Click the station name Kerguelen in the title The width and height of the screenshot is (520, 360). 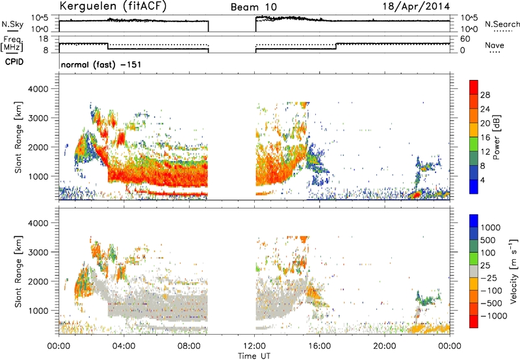coord(88,6)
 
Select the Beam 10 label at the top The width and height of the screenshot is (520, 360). coord(253,7)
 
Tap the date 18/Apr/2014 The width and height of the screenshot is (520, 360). coord(416,6)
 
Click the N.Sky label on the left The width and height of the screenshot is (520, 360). coord(12,25)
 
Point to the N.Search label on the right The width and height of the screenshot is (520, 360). coord(502,24)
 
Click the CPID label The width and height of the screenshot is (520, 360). coord(14,62)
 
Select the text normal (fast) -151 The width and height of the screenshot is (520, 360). coord(101,64)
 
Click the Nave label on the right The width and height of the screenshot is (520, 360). coord(494,45)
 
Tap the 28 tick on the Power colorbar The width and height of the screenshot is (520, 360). coord(485,95)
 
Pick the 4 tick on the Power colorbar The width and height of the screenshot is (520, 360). coord(482,181)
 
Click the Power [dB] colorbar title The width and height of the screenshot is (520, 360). coord(496,137)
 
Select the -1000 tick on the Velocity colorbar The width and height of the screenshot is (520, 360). coord(494,316)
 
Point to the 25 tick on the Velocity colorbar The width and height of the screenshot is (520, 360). coord(485,266)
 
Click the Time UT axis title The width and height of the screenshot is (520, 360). coord(254,356)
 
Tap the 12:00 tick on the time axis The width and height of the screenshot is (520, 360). coord(254,346)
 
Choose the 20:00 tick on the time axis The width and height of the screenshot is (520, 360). coord(385,346)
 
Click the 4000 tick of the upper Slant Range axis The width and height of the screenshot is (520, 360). coord(38,89)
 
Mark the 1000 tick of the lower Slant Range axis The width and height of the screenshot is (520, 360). coord(38,311)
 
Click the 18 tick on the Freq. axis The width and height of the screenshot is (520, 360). coord(44,39)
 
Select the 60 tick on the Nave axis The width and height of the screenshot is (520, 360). coord(465,39)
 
